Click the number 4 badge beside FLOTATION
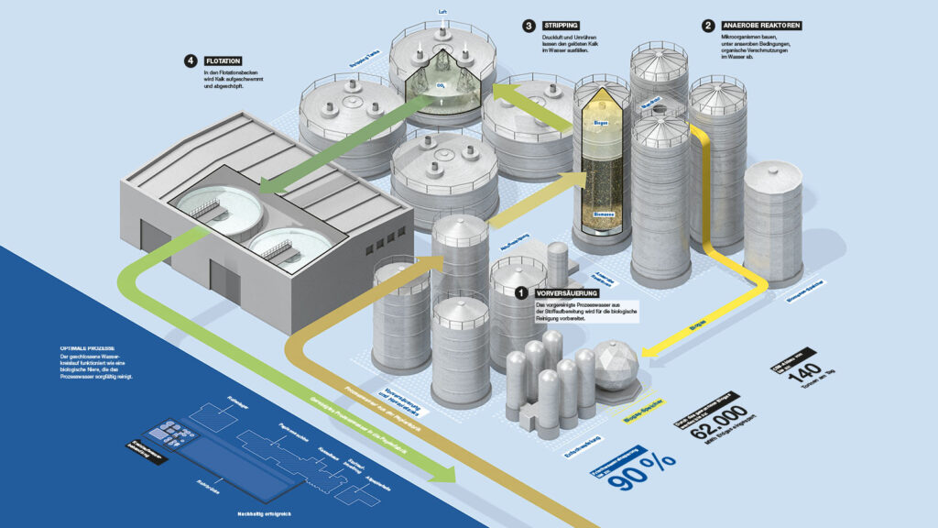tap(191, 61)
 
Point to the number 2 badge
tap(708, 26)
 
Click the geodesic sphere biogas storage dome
tap(616, 366)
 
